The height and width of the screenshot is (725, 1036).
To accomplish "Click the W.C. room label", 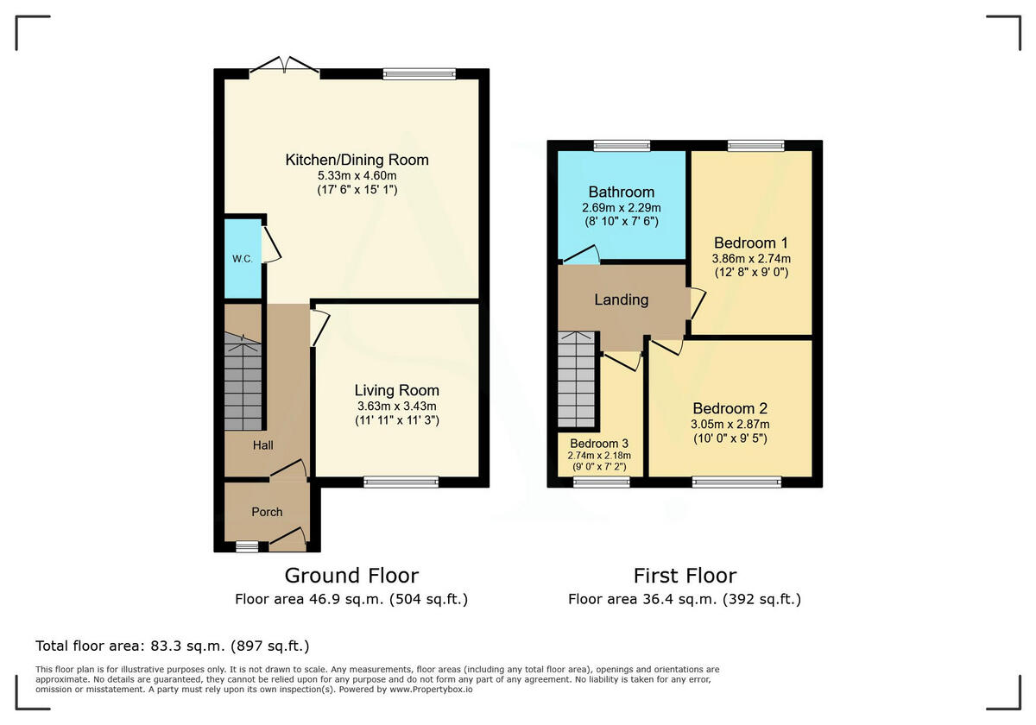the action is (243, 259).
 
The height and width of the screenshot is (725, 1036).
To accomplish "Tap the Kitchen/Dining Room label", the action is (357, 160).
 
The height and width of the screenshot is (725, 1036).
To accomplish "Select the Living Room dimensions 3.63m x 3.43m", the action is (397, 407).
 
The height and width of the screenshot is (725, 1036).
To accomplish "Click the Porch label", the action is (267, 512).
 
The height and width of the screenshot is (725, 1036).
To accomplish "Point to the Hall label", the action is (262, 445).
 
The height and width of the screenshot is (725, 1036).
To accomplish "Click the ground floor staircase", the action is (243, 381).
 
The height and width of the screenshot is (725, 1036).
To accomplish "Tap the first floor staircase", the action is (577, 379).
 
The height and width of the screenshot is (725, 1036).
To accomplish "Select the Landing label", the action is (621, 300).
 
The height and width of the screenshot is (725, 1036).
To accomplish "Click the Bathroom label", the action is (621, 192).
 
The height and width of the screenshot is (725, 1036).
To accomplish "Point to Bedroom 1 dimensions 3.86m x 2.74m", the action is (751, 259).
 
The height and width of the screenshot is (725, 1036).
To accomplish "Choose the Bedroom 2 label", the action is (730, 409).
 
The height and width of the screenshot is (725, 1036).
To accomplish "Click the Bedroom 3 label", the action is (599, 444).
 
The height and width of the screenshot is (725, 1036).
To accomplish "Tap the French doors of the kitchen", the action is (284, 66).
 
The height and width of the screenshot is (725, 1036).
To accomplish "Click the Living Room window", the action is (401, 482).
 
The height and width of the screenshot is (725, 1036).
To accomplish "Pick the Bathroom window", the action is (622, 146).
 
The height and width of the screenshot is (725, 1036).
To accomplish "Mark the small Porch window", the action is (247, 547).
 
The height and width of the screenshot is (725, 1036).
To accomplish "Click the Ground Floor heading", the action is (351, 577).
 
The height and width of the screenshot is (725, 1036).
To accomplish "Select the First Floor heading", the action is (685, 577).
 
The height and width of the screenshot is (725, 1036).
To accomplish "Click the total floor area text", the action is (172, 646).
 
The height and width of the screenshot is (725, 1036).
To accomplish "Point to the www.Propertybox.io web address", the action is (431, 690).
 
